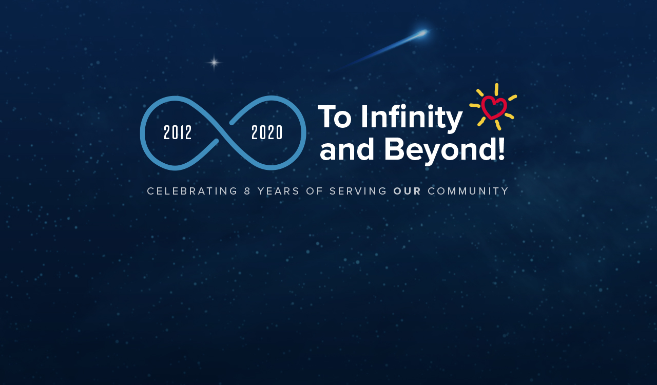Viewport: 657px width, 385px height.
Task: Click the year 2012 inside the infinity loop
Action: [178, 132]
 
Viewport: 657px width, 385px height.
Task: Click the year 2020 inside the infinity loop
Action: [267, 132]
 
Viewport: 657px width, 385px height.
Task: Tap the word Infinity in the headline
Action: [412, 118]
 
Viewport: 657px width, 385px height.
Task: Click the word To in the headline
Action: [335, 117]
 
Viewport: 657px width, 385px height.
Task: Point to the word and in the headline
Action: [346, 150]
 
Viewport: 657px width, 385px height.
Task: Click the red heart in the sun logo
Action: [494, 108]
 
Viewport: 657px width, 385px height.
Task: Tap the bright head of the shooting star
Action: [422, 32]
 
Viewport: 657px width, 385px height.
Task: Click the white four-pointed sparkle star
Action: [214, 63]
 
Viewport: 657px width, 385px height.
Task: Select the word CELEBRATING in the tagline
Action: [192, 191]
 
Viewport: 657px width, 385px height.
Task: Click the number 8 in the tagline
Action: [247, 191]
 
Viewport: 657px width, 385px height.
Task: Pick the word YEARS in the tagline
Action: [278, 191]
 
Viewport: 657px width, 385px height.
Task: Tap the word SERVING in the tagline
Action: [358, 191]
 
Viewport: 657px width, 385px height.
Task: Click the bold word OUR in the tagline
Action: [407, 191]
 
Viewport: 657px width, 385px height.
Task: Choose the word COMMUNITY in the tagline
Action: [468, 191]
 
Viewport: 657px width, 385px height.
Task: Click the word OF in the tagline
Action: [315, 191]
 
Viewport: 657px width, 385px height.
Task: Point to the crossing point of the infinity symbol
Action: [223, 132]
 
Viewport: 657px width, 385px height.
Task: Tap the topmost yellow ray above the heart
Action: [496, 89]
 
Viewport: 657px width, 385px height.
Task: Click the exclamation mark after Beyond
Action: [501, 149]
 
